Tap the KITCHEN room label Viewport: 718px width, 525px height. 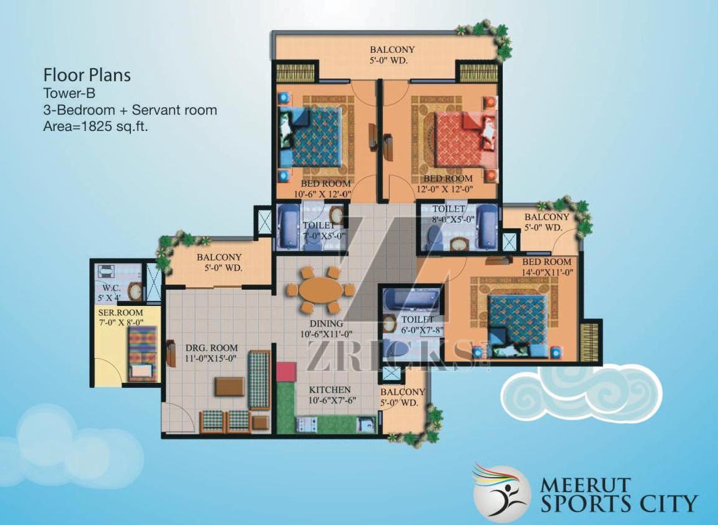point(330,390)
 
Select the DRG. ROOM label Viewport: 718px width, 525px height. point(211,348)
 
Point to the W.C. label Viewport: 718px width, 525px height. point(112,287)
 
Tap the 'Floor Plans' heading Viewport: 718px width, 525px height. point(87,75)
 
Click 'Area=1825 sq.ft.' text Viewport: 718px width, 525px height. point(96,127)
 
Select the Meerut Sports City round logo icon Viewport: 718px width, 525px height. point(501,494)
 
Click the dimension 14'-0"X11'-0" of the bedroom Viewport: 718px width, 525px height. point(547,271)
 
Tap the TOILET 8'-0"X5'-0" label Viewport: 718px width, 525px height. point(454,214)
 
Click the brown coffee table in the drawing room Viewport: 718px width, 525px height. point(230,386)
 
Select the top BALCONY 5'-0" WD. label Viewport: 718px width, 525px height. point(392,55)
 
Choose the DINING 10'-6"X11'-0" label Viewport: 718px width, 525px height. point(326,328)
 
